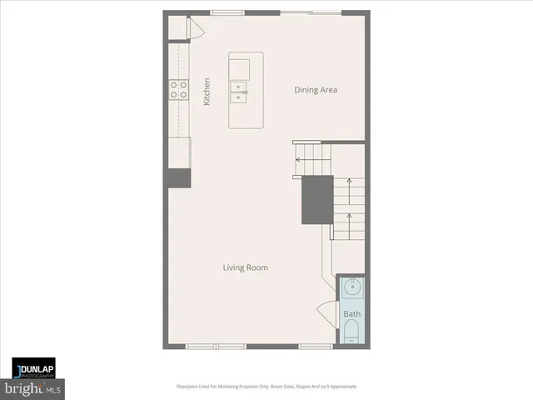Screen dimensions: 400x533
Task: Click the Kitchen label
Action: pyautogui.click(x=207, y=91)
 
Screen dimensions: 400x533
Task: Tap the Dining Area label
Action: pyautogui.click(x=316, y=90)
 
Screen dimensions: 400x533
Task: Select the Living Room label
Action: pyautogui.click(x=245, y=267)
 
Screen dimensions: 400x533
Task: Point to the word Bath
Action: pyautogui.click(x=351, y=314)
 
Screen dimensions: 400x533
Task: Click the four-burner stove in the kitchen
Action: pyautogui.click(x=178, y=89)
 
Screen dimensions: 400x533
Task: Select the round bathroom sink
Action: pyautogui.click(x=351, y=289)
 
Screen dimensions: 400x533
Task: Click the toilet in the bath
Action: pyautogui.click(x=351, y=336)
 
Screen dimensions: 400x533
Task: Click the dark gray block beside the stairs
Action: pyautogui.click(x=316, y=199)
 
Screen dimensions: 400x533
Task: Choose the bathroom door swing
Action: pyautogui.click(x=326, y=315)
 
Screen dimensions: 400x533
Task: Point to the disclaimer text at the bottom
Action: pyautogui.click(x=266, y=387)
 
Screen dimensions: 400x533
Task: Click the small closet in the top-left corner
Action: pyautogui.click(x=178, y=27)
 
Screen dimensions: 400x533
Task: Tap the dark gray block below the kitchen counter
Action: pyautogui.click(x=178, y=178)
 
